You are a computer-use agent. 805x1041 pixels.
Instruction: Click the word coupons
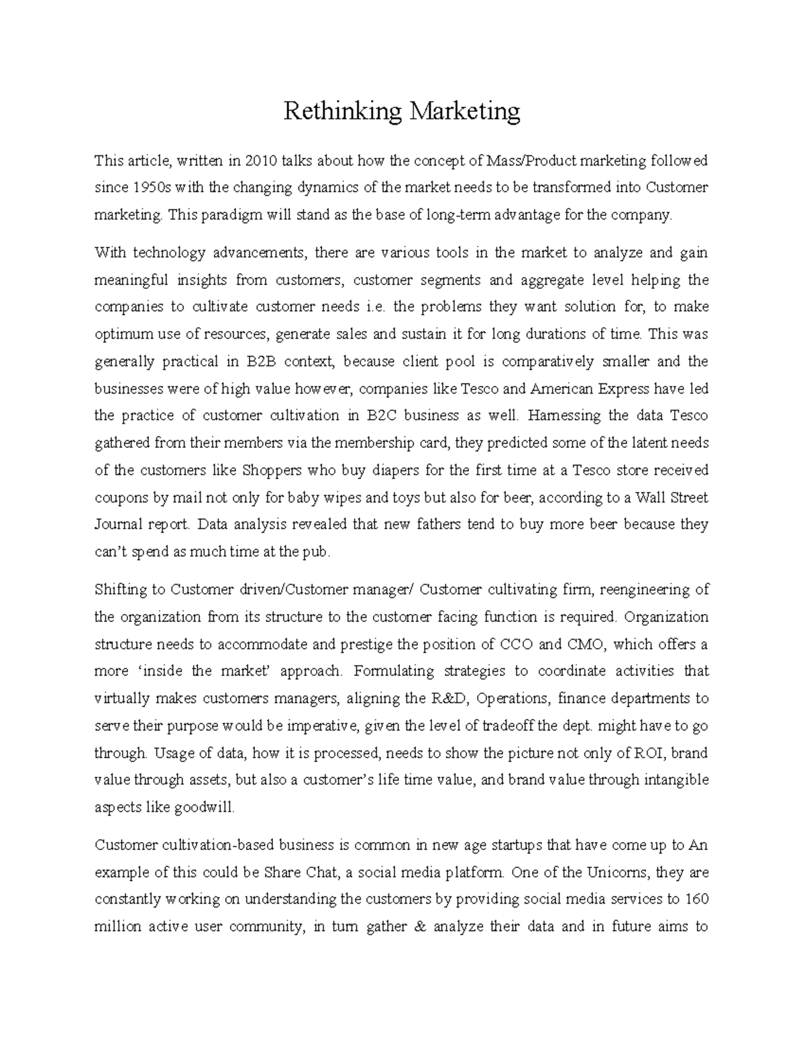[118, 497]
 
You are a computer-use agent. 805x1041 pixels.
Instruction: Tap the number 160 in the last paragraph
[696, 900]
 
